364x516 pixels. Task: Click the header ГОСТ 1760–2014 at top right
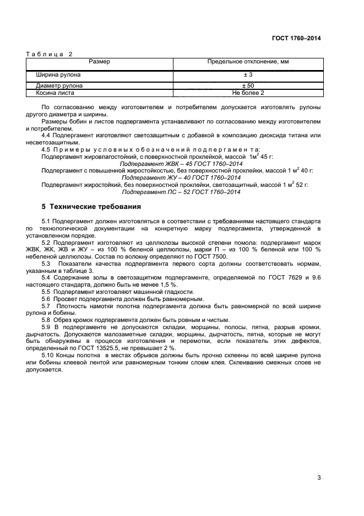tap(296, 38)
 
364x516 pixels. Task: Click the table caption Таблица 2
tap(49, 54)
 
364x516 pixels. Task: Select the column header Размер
tap(99, 62)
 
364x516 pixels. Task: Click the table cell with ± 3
tap(248, 74)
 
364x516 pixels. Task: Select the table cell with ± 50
tap(248, 86)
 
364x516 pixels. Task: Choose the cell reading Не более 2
tap(248, 93)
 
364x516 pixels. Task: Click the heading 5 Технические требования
tap(91, 207)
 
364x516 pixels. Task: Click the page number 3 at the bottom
tap(319, 477)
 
